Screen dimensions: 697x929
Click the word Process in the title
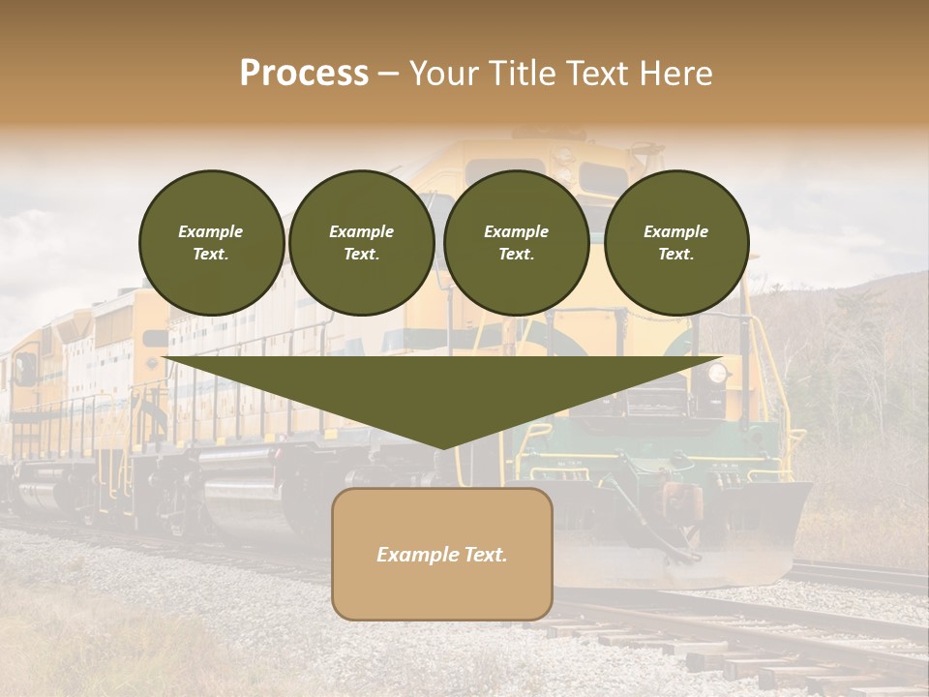point(304,74)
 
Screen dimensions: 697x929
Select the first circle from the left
point(212,242)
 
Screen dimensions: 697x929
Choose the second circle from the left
point(362,242)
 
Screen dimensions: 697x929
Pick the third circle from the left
point(517,242)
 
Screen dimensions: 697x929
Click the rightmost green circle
point(676,242)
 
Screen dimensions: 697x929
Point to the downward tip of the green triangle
point(442,446)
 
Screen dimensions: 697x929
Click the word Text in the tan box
point(487,555)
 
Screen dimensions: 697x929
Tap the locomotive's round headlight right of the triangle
point(717,373)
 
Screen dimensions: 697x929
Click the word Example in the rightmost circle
point(676,231)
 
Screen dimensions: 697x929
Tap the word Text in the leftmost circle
point(210,254)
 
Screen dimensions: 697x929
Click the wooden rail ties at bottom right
point(774,658)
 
